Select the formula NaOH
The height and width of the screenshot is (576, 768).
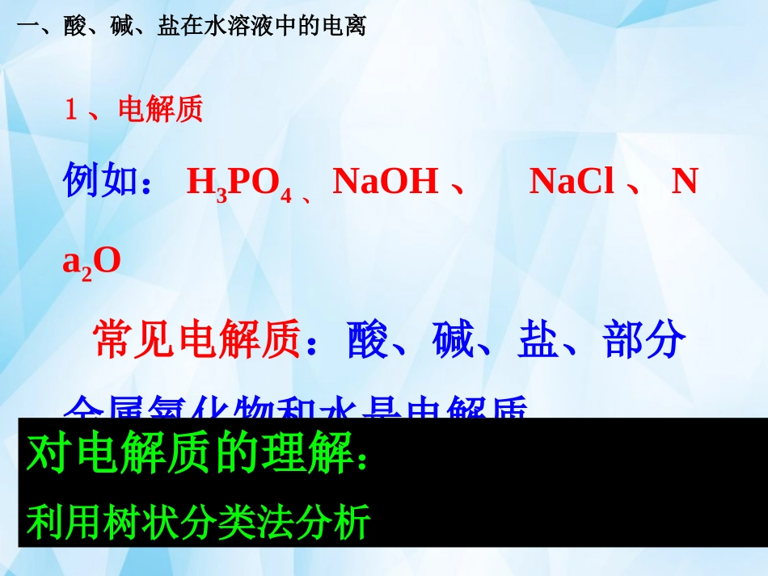[385, 182]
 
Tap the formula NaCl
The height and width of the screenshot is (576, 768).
[572, 182]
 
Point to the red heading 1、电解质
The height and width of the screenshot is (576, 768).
[133, 110]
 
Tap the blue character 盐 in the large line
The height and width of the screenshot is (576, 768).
[538, 340]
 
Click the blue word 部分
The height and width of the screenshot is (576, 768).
[645, 340]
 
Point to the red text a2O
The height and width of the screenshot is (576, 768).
[91, 260]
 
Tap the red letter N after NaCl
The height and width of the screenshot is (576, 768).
[685, 182]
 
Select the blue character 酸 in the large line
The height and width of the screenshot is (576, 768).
[368, 340]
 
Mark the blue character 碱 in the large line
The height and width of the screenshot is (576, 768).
[453, 340]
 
